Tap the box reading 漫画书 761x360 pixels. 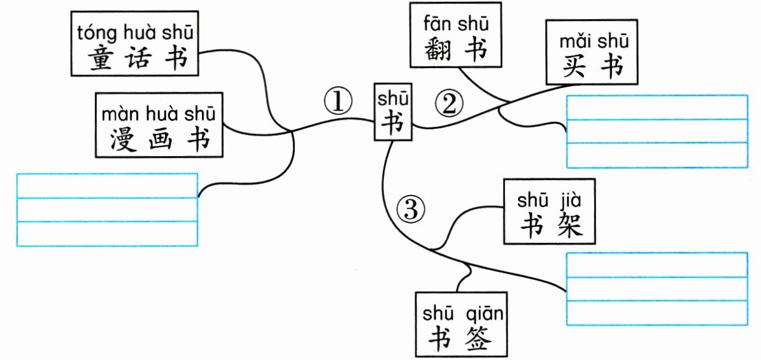pos(159,125)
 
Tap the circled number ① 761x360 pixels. pos(338,101)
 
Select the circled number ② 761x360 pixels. pos(449,104)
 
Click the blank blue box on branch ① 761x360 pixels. pos(107,210)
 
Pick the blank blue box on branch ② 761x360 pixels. pos(657,131)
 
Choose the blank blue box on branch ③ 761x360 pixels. pos(657,289)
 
